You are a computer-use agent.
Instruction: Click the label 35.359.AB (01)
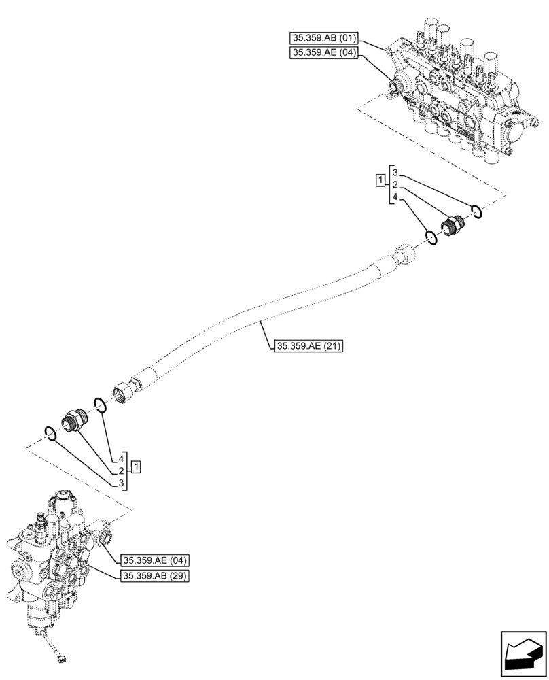pyautogui.click(x=323, y=37)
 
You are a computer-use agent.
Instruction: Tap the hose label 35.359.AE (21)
pyautogui.click(x=309, y=347)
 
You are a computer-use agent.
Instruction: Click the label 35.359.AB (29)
pyautogui.click(x=155, y=576)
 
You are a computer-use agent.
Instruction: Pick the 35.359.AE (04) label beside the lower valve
pyautogui.click(x=155, y=561)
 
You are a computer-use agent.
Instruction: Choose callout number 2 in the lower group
pyautogui.click(x=120, y=471)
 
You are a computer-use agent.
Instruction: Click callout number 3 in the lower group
pyautogui.click(x=120, y=483)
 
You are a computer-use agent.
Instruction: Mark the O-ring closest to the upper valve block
pyautogui.click(x=477, y=212)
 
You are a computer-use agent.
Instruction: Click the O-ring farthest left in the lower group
pyautogui.click(x=50, y=431)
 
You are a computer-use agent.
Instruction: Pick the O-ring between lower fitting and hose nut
pyautogui.click(x=99, y=406)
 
